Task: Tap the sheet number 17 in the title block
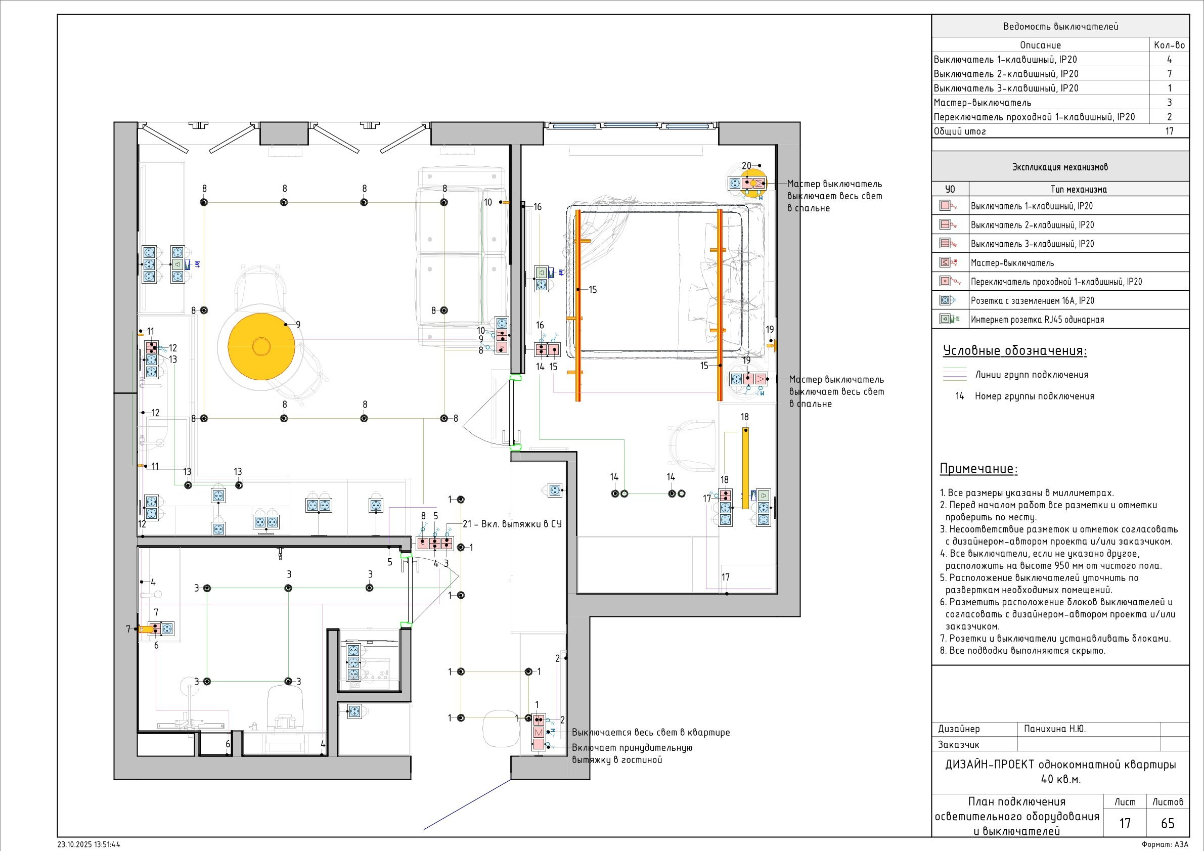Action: [x=1125, y=823]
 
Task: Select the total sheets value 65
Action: [x=1168, y=823]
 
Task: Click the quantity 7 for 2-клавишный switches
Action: [x=1170, y=74]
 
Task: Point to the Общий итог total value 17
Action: [x=1170, y=131]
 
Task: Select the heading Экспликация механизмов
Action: [x=1060, y=167]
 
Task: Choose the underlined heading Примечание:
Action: [x=978, y=469]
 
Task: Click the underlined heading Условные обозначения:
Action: [x=1015, y=351]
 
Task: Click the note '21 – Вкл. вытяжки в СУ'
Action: [x=512, y=524]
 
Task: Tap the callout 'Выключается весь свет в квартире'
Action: [x=651, y=733]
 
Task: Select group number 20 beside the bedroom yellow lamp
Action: [x=746, y=166]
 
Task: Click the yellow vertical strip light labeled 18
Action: [x=745, y=468]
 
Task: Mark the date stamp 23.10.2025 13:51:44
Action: [x=88, y=845]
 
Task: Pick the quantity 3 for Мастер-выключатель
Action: [x=1170, y=103]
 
